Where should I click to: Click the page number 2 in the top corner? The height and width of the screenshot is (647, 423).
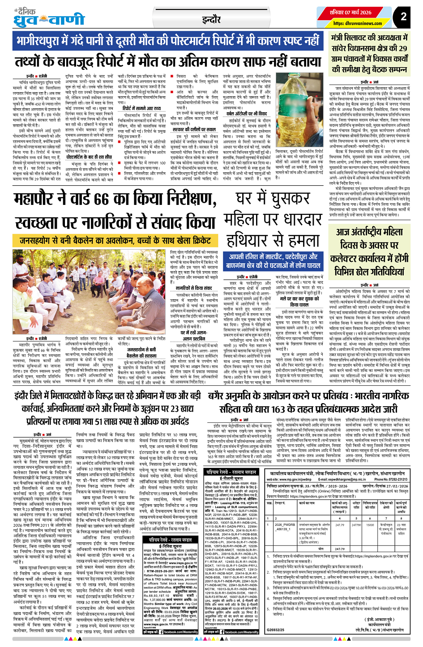[x=403, y=17]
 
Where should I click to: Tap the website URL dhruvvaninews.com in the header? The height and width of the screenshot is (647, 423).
[x=358, y=23]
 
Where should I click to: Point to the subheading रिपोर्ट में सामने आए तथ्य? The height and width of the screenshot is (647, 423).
[x=141, y=108]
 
